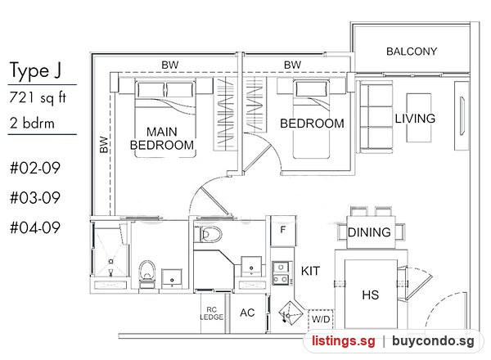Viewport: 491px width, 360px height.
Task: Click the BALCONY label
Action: [412, 52]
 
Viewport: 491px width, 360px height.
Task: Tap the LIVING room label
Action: [415, 119]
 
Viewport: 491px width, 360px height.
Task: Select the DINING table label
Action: [369, 232]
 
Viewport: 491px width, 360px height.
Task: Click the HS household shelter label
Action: [371, 295]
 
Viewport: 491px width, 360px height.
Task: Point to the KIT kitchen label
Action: [310, 271]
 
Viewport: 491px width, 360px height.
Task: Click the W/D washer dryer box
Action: [321, 319]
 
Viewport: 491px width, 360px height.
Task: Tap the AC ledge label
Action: [247, 313]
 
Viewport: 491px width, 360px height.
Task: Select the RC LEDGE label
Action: [212, 313]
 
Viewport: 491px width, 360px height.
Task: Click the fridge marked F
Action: [283, 231]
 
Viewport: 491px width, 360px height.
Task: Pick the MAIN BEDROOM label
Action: [162, 138]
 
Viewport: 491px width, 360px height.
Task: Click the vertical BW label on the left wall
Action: [104, 145]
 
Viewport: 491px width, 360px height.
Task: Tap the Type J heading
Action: [35, 70]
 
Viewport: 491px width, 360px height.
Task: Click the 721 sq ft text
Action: [38, 97]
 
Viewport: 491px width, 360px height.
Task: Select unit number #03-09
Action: [35, 198]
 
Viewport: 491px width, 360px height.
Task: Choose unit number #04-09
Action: [35, 227]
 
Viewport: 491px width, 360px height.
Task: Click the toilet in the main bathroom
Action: [147, 273]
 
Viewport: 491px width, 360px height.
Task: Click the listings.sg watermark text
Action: [343, 341]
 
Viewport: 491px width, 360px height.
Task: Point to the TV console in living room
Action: [462, 116]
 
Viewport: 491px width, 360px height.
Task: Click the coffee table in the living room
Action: [419, 118]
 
